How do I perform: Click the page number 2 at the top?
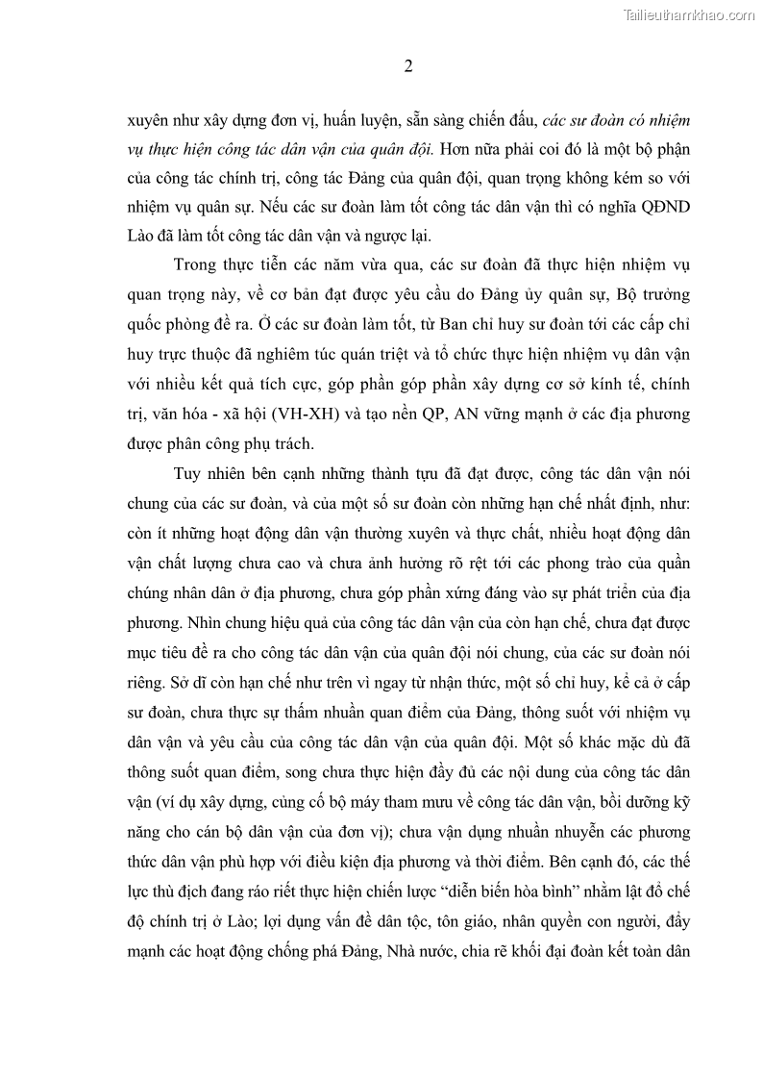click(x=407, y=66)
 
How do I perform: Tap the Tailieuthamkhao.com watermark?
click(x=689, y=14)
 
